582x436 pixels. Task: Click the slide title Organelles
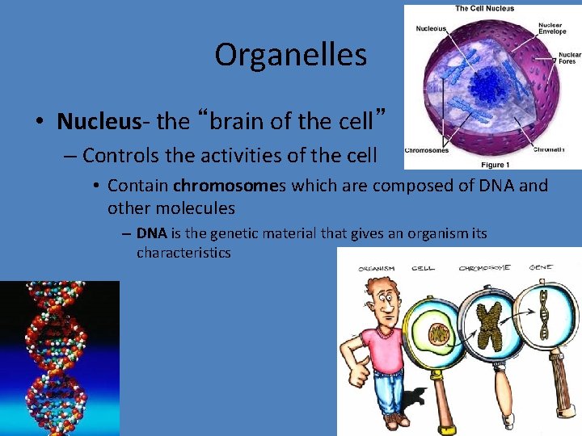click(290, 55)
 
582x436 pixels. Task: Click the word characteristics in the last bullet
click(183, 253)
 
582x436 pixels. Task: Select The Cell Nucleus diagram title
click(484, 9)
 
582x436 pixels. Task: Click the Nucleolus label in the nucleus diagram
click(431, 28)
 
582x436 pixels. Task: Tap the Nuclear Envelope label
click(554, 30)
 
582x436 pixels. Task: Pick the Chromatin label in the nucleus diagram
click(549, 149)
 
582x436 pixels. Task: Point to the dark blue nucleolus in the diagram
click(488, 85)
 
